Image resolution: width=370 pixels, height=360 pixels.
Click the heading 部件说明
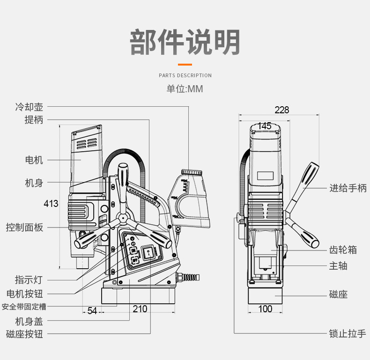point(185,42)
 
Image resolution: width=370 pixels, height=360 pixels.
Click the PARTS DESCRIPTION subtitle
point(185,75)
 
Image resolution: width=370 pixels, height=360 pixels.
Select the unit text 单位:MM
point(185,89)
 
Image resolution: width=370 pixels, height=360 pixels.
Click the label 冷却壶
point(29,107)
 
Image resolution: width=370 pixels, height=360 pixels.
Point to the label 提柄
point(34,120)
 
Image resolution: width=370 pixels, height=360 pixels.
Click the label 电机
point(34,160)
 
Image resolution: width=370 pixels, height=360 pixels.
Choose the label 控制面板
point(24,228)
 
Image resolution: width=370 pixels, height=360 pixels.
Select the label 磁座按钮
point(24,334)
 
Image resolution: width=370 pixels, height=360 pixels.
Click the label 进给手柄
point(348,188)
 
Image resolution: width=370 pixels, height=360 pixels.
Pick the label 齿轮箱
point(343,250)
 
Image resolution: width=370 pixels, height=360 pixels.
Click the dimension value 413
point(51,204)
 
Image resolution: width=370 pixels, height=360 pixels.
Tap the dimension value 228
point(281,110)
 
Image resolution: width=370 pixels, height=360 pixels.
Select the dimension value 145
point(265,126)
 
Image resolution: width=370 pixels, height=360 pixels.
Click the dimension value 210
point(140,309)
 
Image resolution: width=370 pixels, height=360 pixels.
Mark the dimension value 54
point(92,311)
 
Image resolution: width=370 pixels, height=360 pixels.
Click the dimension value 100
point(265,309)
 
